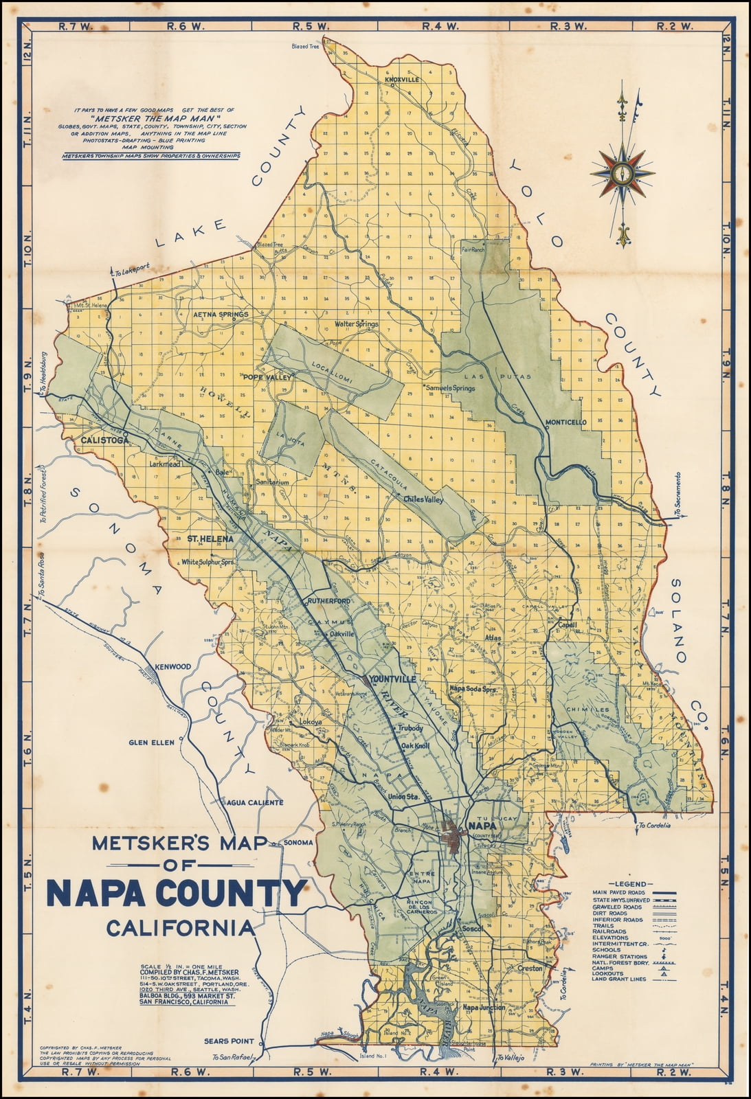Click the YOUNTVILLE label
point(392,679)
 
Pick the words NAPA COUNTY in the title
point(176,893)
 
